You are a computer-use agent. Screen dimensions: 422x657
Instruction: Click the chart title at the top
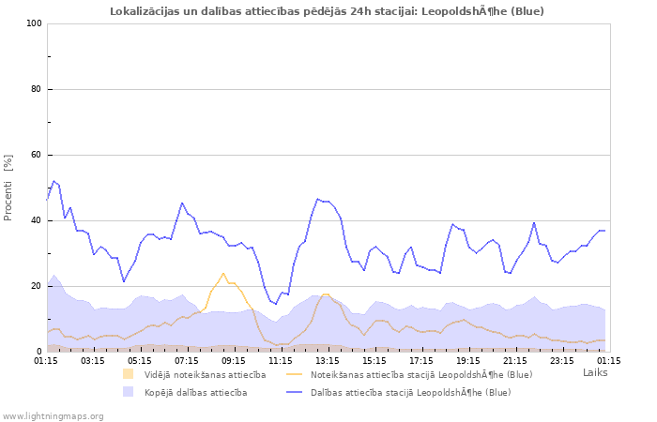tap(327, 11)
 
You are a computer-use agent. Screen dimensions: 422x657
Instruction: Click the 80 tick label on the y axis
tap(37, 89)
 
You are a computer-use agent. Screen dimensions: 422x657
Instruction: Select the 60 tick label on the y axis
tap(37, 155)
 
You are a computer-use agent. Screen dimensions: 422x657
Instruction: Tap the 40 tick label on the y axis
tap(37, 220)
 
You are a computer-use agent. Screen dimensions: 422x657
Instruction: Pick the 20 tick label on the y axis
tap(37, 286)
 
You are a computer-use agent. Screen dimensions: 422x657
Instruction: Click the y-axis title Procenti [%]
tap(8, 188)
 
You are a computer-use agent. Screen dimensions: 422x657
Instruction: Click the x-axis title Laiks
tap(595, 372)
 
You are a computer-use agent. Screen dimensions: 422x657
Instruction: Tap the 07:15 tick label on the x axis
tap(187, 360)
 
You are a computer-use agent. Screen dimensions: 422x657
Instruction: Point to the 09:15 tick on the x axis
tap(234, 360)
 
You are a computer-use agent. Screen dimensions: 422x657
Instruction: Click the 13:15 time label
tap(328, 360)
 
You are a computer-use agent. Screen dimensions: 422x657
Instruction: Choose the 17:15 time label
tap(421, 360)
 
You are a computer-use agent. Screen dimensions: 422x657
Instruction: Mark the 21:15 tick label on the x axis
tap(515, 360)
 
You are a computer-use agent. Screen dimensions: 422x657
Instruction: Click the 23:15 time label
tap(562, 360)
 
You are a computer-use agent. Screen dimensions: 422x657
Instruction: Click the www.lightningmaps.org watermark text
tap(52, 415)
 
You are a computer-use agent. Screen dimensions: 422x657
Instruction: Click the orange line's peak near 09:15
tap(223, 273)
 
